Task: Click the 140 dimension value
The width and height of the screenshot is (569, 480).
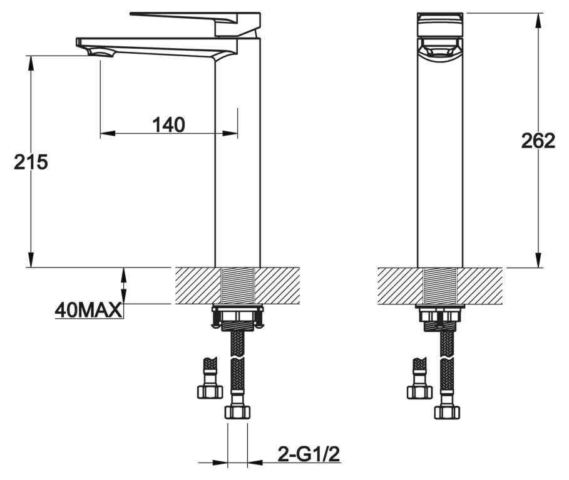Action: (x=169, y=124)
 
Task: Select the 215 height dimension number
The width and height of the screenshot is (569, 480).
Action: (x=31, y=162)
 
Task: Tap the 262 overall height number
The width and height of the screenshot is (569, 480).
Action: (x=538, y=141)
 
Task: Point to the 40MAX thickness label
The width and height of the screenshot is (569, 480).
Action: (x=88, y=311)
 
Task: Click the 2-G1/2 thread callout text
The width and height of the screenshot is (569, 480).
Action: (x=309, y=454)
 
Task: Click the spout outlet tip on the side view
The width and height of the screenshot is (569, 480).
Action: (x=100, y=54)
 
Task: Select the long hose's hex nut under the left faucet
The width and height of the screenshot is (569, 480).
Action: (x=237, y=412)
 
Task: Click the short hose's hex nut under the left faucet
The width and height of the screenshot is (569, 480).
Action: (x=210, y=392)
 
